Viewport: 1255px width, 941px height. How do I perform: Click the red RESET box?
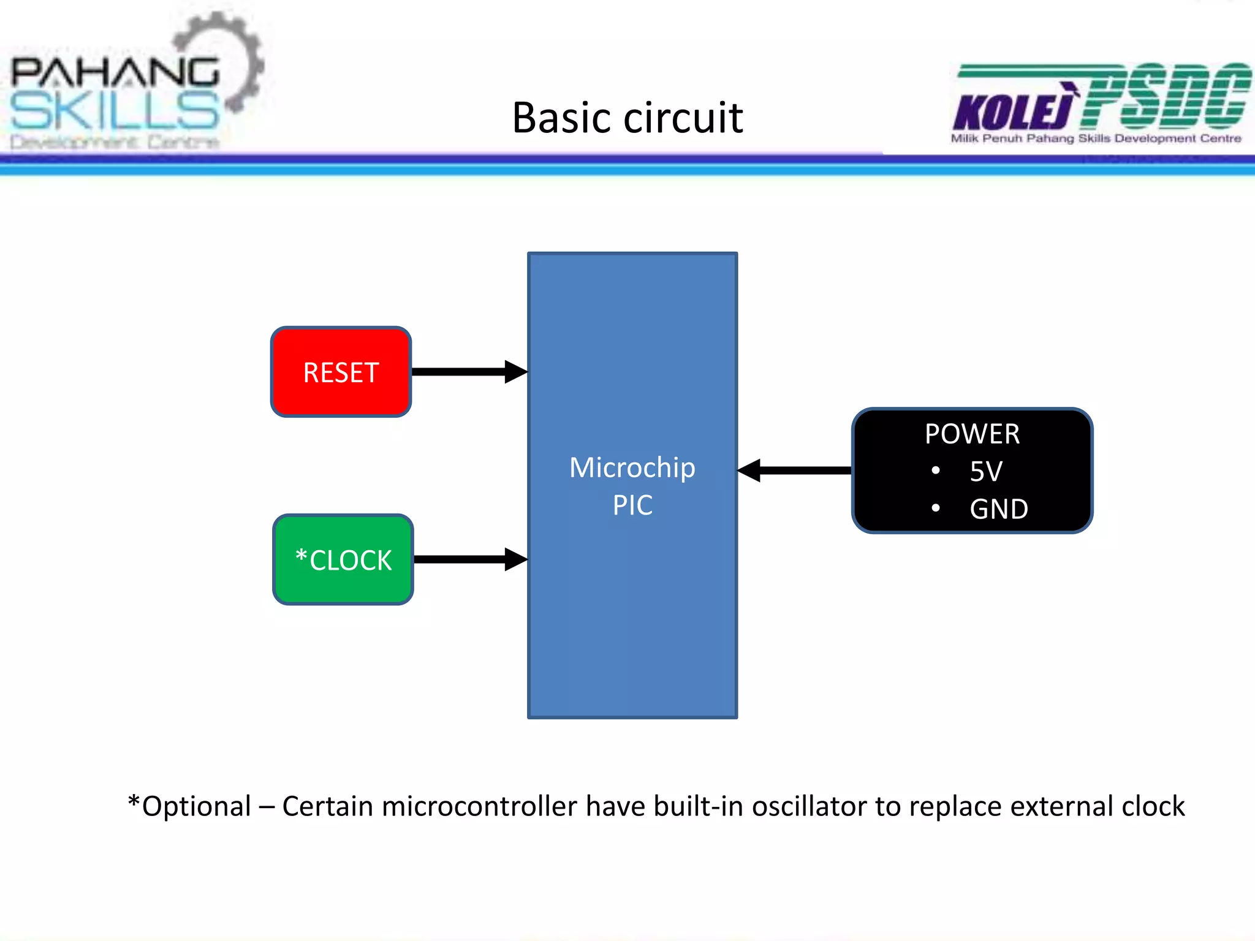click(x=341, y=372)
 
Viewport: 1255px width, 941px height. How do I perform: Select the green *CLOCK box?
click(x=343, y=559)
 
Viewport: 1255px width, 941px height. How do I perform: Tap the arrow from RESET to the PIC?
click(x=469, y=372)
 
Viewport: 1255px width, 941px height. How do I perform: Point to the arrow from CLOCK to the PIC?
click(x=470, y=559)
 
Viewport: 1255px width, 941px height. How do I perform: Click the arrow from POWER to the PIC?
click(x=795, y=470)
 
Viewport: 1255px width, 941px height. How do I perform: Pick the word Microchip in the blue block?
click(x=632, y=468)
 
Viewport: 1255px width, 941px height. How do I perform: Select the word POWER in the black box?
click(x=972, y=434)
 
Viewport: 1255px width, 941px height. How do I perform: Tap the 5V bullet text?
click(x=986, y=472)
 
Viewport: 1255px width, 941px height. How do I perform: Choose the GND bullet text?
click(x=999, y=509)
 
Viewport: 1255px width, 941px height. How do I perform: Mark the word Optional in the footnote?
click(x=196, y=806)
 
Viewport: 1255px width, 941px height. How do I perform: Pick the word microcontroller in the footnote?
click(x=479, y=806)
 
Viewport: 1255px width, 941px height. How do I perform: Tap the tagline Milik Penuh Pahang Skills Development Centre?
click(x=1096, y=138)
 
